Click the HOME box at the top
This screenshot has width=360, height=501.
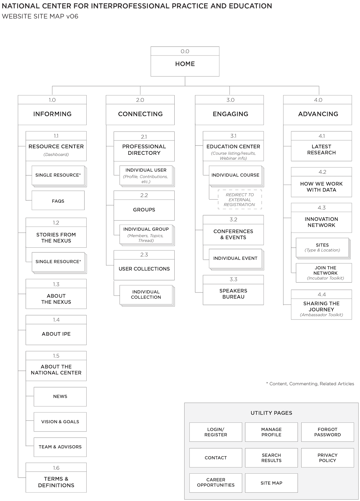[x=185, y=61]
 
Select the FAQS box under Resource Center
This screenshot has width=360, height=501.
[x=58, y=200]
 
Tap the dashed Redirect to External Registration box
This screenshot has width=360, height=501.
[x=240, y=200]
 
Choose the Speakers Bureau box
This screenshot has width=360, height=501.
[x=233, y=290]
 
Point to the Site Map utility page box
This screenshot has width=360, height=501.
[x=271, y=483]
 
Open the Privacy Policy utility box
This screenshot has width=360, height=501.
[x=327, y=458]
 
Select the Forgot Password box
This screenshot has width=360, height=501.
[x=327, y=432]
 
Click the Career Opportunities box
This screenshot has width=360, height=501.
[x=216, y=483]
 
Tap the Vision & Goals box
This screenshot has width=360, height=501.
[x=60, y=422]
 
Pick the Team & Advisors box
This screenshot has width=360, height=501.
[x=60, y=447]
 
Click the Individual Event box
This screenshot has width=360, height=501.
[x=235, y=258]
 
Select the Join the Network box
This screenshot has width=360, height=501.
[x=324, y=273]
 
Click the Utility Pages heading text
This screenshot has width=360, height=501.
[x=271, y=413]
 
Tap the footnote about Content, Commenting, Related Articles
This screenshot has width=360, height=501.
[x=310, y=384]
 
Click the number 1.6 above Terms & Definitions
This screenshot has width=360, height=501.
[x=56, y=468]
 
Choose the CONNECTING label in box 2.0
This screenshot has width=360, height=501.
[x=140, y=114]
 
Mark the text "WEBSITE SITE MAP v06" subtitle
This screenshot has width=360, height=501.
[x=40, y=16]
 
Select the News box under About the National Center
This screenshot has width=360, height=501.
[x=60, y=397]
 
